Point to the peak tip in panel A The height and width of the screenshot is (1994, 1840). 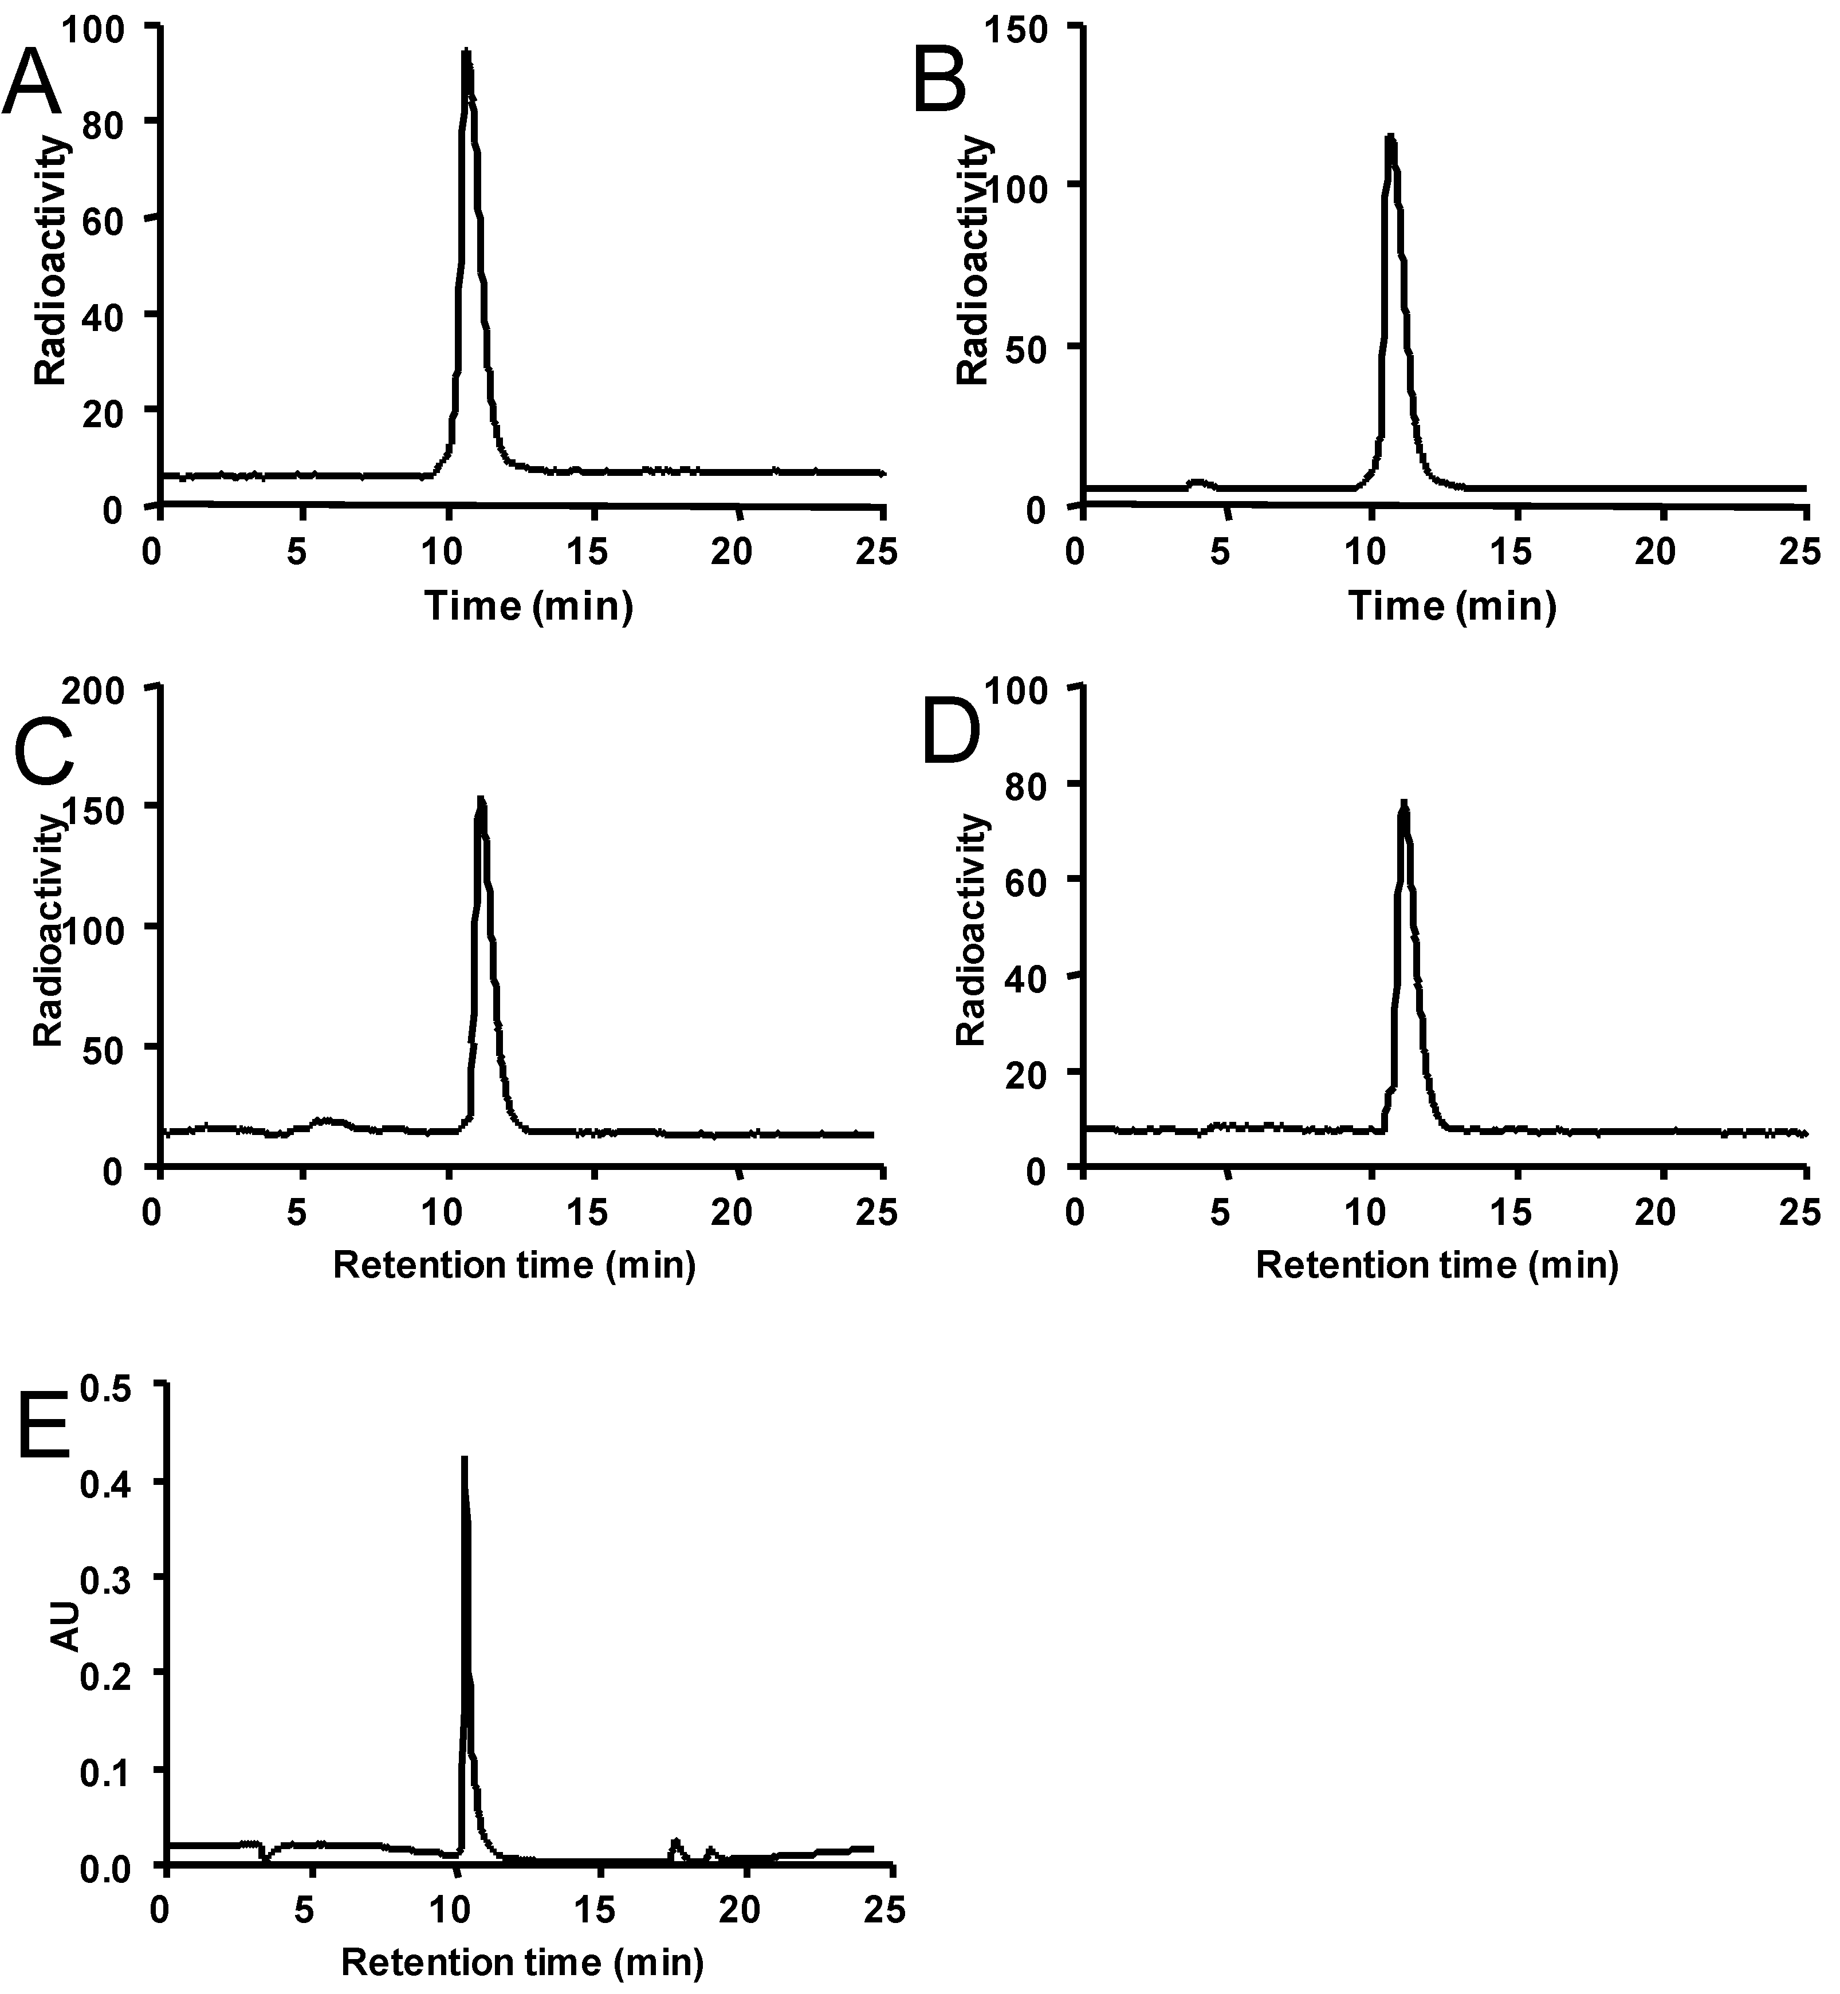coord(465,52)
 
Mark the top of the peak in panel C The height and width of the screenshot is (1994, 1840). coord(482,798)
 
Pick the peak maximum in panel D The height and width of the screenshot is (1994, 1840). coord(1404,802)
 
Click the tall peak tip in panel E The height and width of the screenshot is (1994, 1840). coord(463,1459)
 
